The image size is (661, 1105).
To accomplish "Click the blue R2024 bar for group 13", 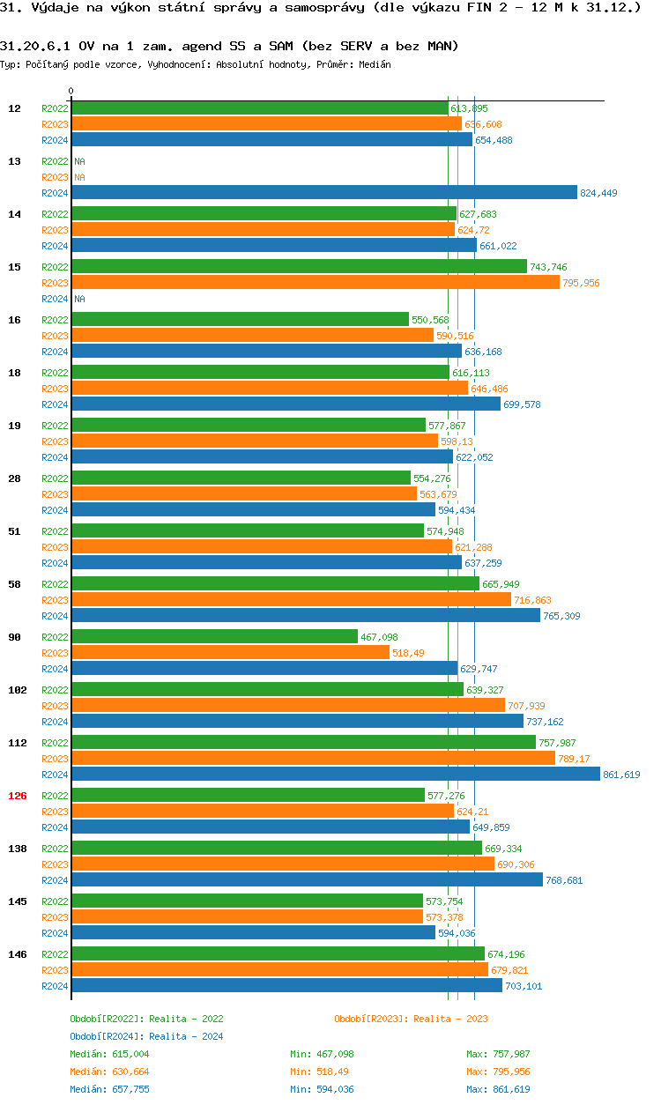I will pos(323,193).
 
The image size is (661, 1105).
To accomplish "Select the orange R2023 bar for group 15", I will pos(315,283).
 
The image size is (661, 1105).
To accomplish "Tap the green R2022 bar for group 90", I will pos(214,637).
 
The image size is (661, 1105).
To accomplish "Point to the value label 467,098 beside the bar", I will pos(379,637).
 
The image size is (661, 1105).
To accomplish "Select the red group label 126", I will pos(18,796).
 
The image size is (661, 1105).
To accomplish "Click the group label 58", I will pos(15,584).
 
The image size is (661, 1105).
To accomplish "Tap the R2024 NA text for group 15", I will pos(79,299).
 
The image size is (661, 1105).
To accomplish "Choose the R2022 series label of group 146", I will pos(55,954).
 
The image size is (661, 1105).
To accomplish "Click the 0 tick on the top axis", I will pos(71,92).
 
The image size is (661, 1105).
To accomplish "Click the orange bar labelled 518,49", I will pos(230,653).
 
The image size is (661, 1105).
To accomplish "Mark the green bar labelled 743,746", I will pos(299,267).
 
